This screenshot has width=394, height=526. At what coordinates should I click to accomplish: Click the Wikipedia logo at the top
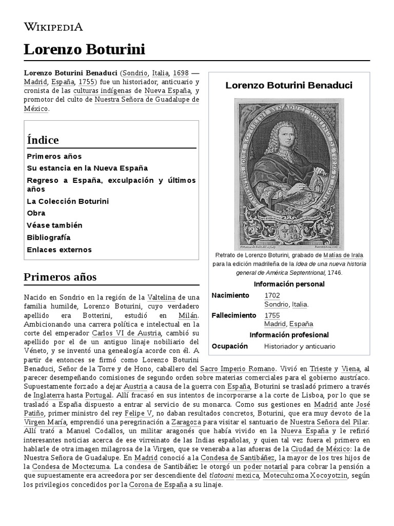[x=53, y=27]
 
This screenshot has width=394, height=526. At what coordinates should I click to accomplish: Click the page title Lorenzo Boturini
[x=84, y=50]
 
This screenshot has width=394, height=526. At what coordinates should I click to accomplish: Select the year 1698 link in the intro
[x=180, y=72]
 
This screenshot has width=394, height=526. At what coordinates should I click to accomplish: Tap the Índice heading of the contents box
[x=43, y=140]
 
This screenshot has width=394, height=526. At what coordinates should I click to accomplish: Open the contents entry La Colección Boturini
[x=68, y=201]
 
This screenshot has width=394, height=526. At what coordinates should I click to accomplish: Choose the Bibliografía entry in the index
[x=48, y=237]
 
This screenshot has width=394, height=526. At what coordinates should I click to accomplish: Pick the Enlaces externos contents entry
[x=59, y=250]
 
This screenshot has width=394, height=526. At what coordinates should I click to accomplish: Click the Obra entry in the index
[x=36, y=213]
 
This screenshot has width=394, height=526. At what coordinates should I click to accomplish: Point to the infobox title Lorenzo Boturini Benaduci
[x=289, y=85]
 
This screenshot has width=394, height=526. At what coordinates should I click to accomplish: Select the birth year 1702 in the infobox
[x=272, y=295]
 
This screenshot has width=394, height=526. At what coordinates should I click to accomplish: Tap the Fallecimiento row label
[x=233, y=315]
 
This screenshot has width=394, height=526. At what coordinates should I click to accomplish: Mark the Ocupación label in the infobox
[x=229, y=346]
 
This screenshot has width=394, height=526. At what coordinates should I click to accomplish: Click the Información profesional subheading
[x=289, y=335]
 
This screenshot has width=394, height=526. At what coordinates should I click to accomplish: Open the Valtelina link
[x=161, y=297]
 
